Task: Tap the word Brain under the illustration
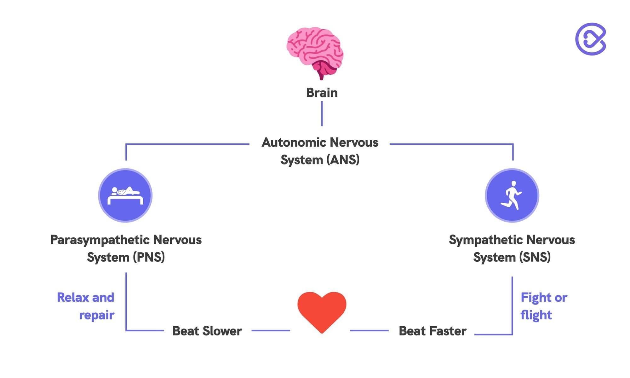[x=322, y=93]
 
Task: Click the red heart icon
[x=322, y=311]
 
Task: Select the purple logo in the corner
[x=591, y=39]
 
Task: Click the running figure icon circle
[x=512, y=195]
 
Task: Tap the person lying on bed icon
[x=125, y=195]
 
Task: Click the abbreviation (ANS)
[x=343, y=160]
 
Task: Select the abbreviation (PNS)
[x=149, y=257]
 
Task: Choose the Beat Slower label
[x=207, y=331]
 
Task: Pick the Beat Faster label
[x=432, y=331]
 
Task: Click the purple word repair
[x=97, y=315]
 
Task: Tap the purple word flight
[x=536, y=315]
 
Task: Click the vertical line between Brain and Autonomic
[x=322, y=113]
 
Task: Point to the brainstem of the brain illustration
[x=321, y=74]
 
